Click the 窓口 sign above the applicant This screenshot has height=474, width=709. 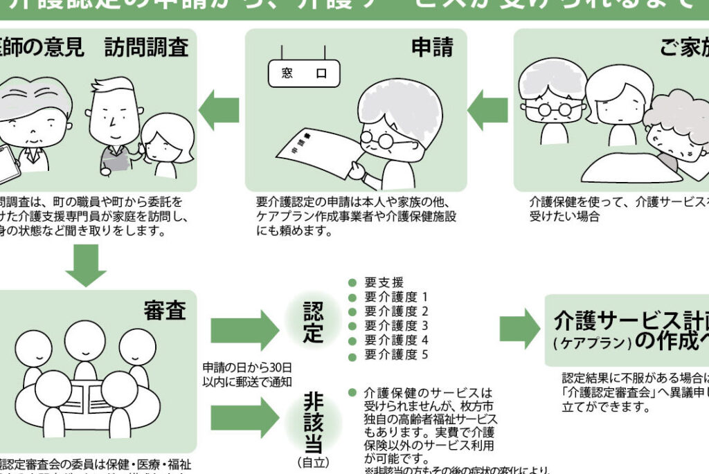[x=304, y=72]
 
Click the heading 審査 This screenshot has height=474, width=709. [x=165, y=311]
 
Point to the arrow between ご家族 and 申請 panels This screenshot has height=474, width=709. [x=487, y=109]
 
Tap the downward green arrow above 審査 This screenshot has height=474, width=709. [x=86, y=265]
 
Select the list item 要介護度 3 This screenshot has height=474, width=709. [x=396, y=326]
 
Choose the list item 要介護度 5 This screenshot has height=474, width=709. [x=396, y=355]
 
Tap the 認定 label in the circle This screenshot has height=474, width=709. [x=313, y=322]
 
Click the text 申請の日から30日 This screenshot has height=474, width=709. [x=247, y=366]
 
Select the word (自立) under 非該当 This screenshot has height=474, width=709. [x=313, y=461]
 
